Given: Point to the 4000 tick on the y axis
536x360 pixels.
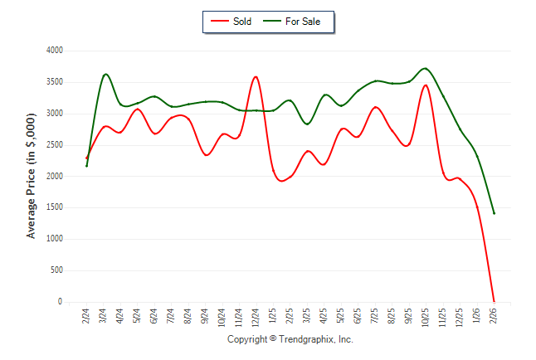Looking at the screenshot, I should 54,51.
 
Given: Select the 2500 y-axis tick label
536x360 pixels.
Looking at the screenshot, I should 54,145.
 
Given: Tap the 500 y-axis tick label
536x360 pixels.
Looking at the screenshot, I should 56,270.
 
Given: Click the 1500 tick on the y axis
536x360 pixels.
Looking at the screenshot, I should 54,208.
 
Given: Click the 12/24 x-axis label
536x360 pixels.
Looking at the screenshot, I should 256,317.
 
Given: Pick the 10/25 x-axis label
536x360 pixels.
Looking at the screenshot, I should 426,317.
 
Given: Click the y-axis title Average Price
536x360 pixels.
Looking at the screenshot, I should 32,177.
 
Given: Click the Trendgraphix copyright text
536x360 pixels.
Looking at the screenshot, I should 290,339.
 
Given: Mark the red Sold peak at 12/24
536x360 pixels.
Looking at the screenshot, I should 256,77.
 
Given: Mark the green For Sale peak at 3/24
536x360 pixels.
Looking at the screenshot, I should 105,74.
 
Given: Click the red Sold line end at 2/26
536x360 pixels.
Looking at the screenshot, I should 494,301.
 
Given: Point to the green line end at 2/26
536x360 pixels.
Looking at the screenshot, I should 494,213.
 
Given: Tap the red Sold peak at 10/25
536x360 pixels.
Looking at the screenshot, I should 426,85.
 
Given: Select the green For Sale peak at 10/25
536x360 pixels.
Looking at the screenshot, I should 426,68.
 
